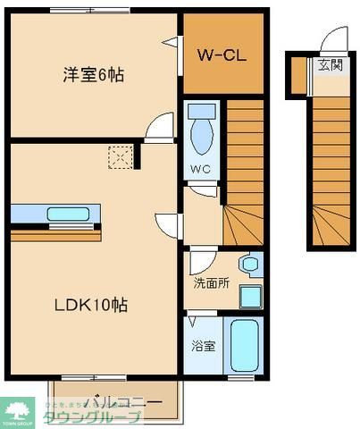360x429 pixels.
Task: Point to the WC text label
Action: tap(201, 167)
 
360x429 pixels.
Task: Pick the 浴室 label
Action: tap(202, 346)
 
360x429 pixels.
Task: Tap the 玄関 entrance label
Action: tap(328, 65)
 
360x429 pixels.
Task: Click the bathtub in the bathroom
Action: tap(244, 347)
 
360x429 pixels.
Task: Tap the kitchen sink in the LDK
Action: tap(66, 214)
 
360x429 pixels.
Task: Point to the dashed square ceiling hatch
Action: tap(119, 157)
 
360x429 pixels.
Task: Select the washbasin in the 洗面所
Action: tap(249, 265)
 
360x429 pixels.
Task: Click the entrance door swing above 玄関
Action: tap(335, 40)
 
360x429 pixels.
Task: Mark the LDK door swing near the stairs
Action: tap(168, 224)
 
